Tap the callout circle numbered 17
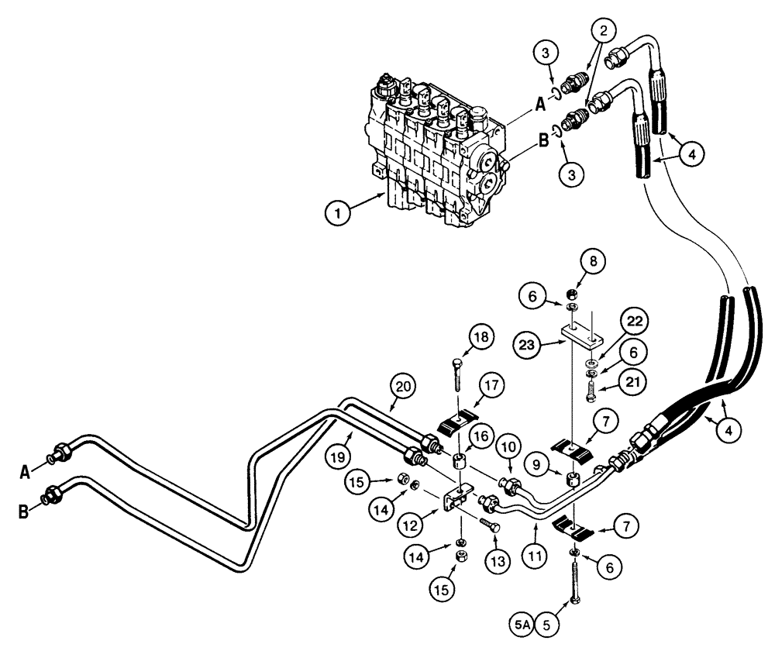pos(494,386)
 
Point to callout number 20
pos(402,384)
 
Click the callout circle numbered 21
pos(633,381)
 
